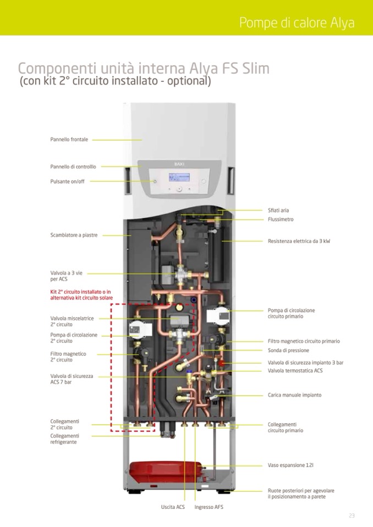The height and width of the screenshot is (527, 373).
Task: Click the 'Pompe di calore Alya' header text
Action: [297, 23]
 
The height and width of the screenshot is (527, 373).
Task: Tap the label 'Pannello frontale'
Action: [69, 140]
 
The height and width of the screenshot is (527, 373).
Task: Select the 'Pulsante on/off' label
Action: [68, 181]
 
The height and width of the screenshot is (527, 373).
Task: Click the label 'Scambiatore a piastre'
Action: [74, 235]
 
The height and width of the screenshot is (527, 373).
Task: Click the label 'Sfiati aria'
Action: [278, 210]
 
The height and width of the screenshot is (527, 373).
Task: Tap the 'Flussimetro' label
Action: [281, 219]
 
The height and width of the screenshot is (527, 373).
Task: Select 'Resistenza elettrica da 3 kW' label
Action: [299, 241]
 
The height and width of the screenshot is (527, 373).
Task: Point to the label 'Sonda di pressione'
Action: [288, 350]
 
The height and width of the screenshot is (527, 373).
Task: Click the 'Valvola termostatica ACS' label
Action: [295, 371]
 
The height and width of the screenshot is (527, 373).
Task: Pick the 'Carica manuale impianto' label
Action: [294, 395]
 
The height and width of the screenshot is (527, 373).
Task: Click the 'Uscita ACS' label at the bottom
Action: [173, 507]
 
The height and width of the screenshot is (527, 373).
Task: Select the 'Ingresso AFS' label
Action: [209, 507]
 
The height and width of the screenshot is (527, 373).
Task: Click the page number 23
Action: [352, 515]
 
